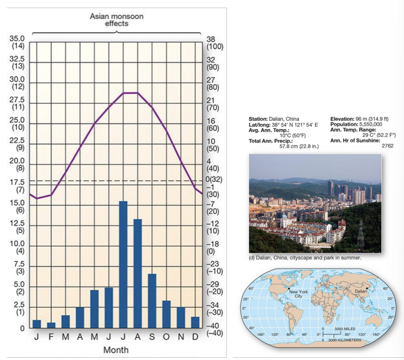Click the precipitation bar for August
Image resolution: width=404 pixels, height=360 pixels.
pyautogui.click(x=138, y=273)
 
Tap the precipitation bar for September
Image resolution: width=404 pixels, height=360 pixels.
pyautogui.click(x=152, y=300)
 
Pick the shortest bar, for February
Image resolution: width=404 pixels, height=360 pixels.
pyautogui.click(x=51, y=325)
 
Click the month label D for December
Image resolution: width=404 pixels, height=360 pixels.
pyautogui.click(x=195, y=337)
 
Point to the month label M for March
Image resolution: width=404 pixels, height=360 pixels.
pyautogui.click(x=66, y=337)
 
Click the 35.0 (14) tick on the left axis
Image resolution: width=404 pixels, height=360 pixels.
pyautogui.click(x=17, y=42)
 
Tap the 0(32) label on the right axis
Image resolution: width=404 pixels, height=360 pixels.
pyautogui.click(x=214, y=179)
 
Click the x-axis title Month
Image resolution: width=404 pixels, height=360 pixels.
pyautogui.click(x=116, y=350)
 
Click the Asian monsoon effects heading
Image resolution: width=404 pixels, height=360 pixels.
pyautogui.click(x=116, y=20)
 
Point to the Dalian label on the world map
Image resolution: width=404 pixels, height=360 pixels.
pyautogui.click(x=361, y=291)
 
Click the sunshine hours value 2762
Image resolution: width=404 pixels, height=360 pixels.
pyautogui.click(x=387, y=146)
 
